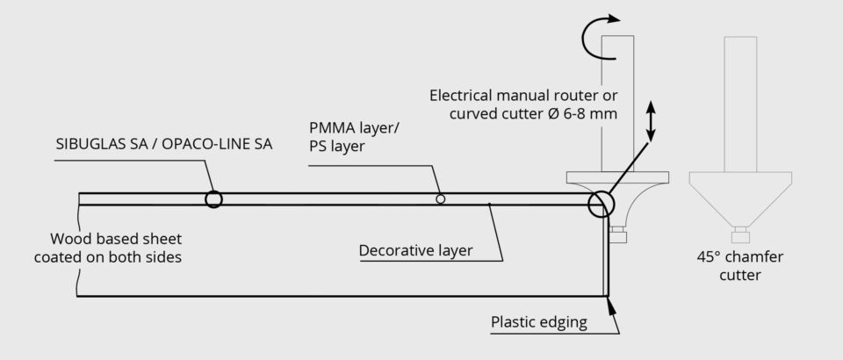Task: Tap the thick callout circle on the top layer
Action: [x=213, y=199]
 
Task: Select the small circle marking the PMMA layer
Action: [x=441, y=199]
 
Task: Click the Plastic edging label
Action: [x=538, y=322]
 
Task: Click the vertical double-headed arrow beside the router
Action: [x=651, y=121]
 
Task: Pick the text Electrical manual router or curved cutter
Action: [x=523, y=104]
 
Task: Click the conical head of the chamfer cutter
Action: [x=741, y=198]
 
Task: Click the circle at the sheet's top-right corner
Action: [x=602, y=203]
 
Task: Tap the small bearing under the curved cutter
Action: [x=618, y=234]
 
